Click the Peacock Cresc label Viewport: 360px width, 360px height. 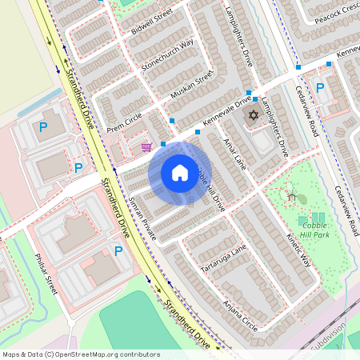point(337,14)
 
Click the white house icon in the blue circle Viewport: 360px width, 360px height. point(180,173)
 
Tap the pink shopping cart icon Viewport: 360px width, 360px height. point(146,147)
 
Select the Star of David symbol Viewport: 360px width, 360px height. point(254,117)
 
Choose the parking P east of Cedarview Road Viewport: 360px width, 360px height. point(320,88)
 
